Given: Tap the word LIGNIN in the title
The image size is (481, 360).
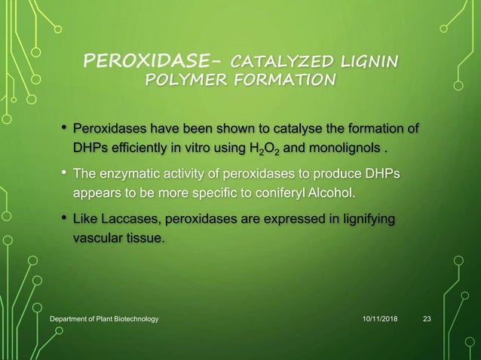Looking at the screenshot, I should [369, 59].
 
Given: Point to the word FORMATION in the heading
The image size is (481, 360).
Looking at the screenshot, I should [271, 79].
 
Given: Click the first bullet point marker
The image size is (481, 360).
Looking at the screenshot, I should [63, 124].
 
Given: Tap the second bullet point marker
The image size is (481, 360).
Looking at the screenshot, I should [63, 174].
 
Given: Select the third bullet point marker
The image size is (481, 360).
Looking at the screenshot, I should [63, 218].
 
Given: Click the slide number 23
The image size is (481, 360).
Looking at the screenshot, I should [427, 319].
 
